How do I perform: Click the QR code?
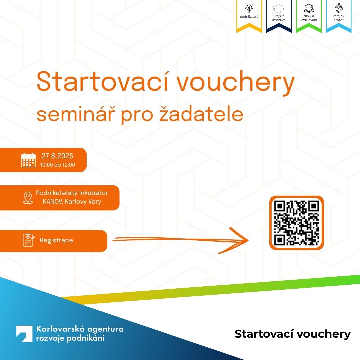[296, 223]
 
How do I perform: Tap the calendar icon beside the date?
[28, 160]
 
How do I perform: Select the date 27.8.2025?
[57, 156]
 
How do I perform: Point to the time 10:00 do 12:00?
[57, 165]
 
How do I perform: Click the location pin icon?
[27, 198]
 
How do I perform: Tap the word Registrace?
[56, 240]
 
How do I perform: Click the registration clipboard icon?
[28, 240]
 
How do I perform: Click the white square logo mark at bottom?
[24, 334]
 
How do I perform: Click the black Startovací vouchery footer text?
[293, 334]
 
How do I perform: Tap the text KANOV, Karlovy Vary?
[72, 202]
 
